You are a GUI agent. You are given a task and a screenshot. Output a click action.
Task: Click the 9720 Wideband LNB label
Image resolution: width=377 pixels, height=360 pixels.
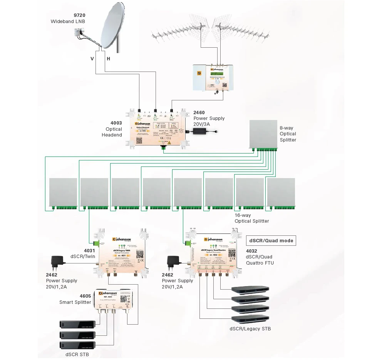point(68,18)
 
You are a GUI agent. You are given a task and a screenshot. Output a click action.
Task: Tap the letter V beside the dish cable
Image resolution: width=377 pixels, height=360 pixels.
point(92,59)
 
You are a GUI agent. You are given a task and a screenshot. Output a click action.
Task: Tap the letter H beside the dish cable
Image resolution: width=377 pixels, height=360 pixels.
point(108,59)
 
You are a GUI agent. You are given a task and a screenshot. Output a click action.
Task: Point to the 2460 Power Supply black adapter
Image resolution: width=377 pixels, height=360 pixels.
point(204,131)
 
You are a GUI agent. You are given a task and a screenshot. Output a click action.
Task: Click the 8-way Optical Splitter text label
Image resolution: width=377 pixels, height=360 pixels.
point(288,134)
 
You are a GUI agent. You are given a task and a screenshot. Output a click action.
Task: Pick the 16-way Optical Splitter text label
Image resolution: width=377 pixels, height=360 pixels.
point(252,218)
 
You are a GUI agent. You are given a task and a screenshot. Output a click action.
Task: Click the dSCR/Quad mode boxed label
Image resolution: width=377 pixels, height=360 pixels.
point(271,241)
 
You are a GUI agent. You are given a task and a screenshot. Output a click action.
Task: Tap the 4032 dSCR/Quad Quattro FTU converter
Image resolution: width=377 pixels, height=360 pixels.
point(213,254)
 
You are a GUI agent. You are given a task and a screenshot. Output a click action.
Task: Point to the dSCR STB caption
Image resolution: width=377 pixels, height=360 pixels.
point(77,354)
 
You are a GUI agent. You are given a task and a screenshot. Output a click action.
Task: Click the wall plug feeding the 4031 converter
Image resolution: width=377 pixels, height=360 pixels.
point(57,262)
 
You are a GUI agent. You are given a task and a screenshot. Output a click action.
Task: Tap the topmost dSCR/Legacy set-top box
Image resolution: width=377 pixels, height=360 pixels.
point(250,289)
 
